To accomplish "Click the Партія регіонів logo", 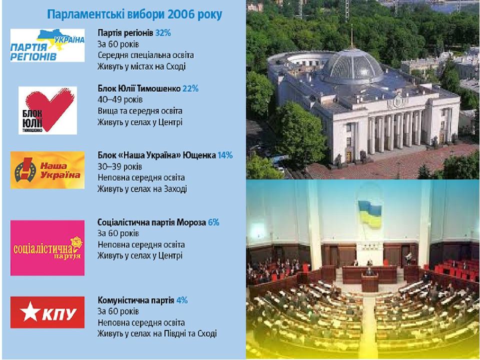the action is [x=47, y=45].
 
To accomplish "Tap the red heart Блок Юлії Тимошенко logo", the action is [x=48, y=110].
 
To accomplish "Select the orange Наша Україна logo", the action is [x=47, y=170].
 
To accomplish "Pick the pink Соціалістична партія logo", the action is [x=47, y=248].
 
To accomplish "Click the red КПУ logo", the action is [x=47, y=312].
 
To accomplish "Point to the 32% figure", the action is [x=163, y=33].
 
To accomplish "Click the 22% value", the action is [x=190, y=88].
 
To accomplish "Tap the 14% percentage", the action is [x=225, y=155].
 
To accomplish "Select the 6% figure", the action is [x=213, y=222].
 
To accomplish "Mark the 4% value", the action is [x=182, y=300].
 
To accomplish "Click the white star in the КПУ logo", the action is [x=30, y=311].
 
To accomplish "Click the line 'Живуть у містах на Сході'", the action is [x=141, y=66].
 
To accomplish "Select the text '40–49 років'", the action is [x=120, y=99].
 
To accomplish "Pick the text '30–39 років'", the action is [x=119, y=166].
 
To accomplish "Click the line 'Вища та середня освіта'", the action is [x=140, y=111].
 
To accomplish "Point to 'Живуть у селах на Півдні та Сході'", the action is [x=157, y=333].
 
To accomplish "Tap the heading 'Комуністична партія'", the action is [x=136, y=300].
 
